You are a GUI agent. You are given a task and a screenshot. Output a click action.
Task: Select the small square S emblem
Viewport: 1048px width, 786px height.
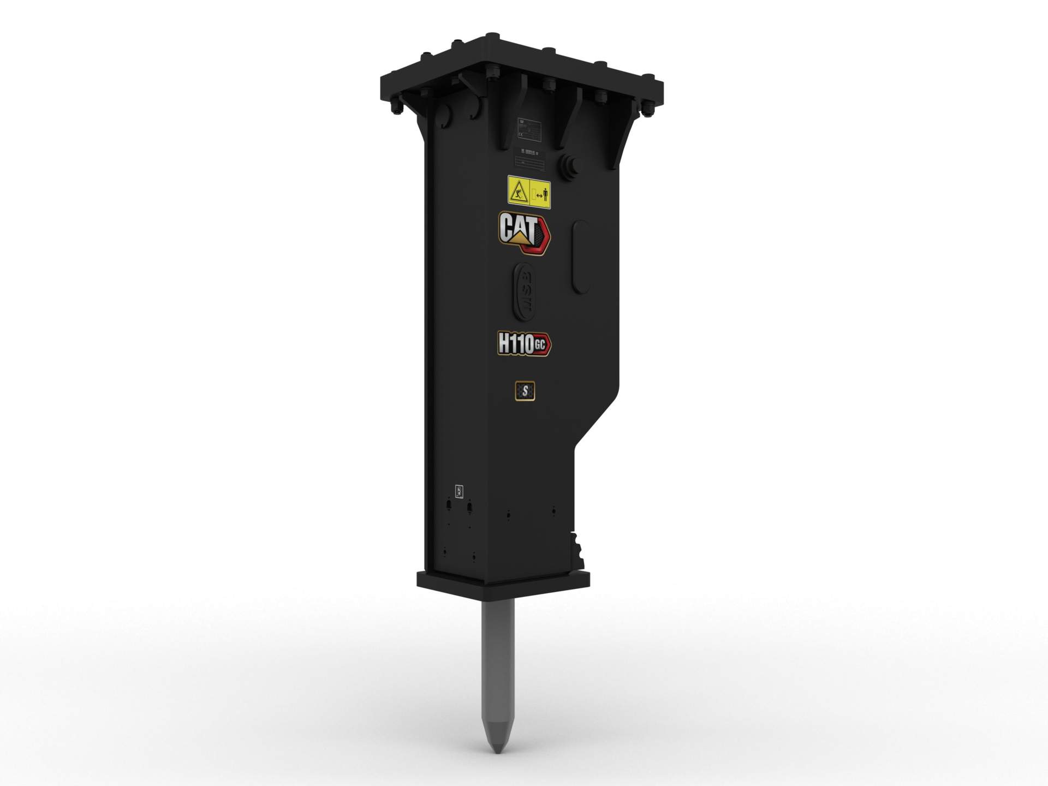pyautogui.click(x=525, y=391)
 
